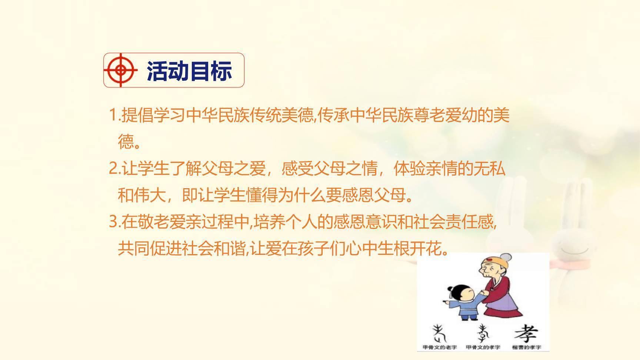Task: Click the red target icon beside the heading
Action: point(120,70)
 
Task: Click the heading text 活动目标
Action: point(189,71)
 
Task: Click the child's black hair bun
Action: point(450,289)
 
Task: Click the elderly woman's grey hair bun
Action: point(505,257)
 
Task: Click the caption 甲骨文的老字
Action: point(440,347)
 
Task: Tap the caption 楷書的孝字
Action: point(526,347)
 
